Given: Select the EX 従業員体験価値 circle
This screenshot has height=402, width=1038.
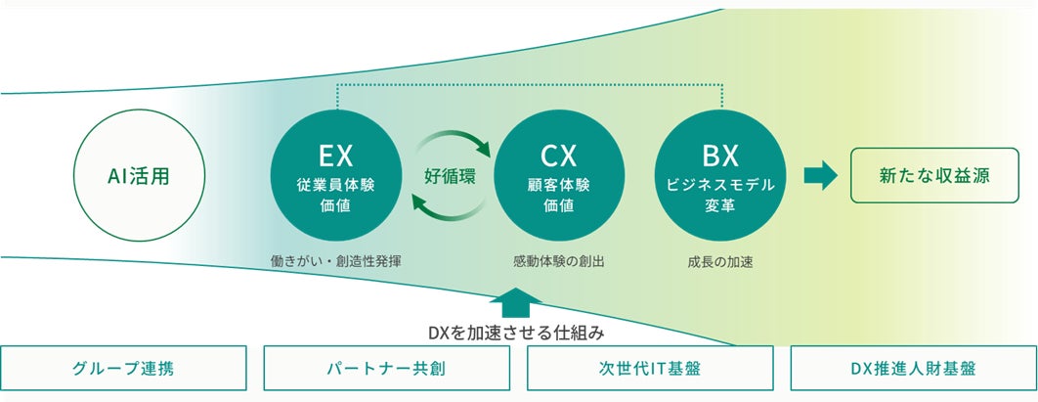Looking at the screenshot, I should pos(335,177).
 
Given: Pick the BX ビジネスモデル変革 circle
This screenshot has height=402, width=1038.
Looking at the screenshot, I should pos(718,177).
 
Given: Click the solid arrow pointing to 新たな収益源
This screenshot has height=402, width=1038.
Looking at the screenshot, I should pos(820,176).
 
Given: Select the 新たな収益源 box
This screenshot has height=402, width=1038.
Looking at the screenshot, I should pos(933,176).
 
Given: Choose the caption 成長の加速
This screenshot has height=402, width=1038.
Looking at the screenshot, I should pos(718,261).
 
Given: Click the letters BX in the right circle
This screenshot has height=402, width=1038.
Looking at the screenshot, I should pos(718,154).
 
